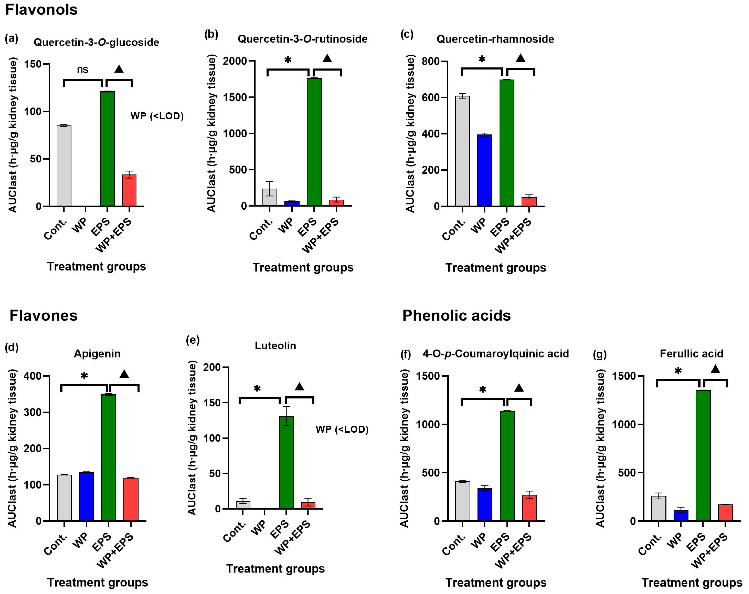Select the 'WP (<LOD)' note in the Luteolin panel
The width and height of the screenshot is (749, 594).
coord(342,429)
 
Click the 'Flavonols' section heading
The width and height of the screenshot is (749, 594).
coord(41,9)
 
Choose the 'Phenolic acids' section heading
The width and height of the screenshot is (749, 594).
coord(456,315)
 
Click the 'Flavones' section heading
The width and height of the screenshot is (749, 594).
coord(43,315)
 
